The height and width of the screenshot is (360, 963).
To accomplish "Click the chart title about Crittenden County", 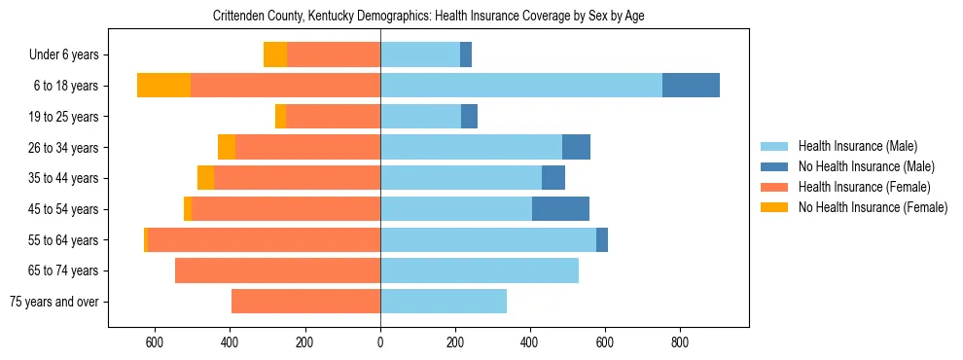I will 428,16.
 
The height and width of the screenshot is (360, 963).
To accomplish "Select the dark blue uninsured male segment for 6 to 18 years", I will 691,86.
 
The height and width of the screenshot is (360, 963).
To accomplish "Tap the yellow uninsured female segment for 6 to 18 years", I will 163,86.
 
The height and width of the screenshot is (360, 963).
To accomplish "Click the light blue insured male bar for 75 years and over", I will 444,302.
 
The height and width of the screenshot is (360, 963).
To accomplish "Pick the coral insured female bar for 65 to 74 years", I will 277,270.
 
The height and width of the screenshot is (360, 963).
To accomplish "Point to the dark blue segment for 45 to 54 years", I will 560,209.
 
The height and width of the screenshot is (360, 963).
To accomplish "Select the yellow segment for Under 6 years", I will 275,54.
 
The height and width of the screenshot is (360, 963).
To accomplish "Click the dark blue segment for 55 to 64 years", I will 602,239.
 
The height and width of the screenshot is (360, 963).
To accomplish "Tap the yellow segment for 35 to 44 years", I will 205,178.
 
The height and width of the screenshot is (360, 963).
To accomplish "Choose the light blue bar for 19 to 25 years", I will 420,117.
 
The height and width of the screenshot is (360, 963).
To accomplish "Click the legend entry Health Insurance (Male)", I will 857,146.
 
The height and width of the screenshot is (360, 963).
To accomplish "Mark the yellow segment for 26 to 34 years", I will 227,147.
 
